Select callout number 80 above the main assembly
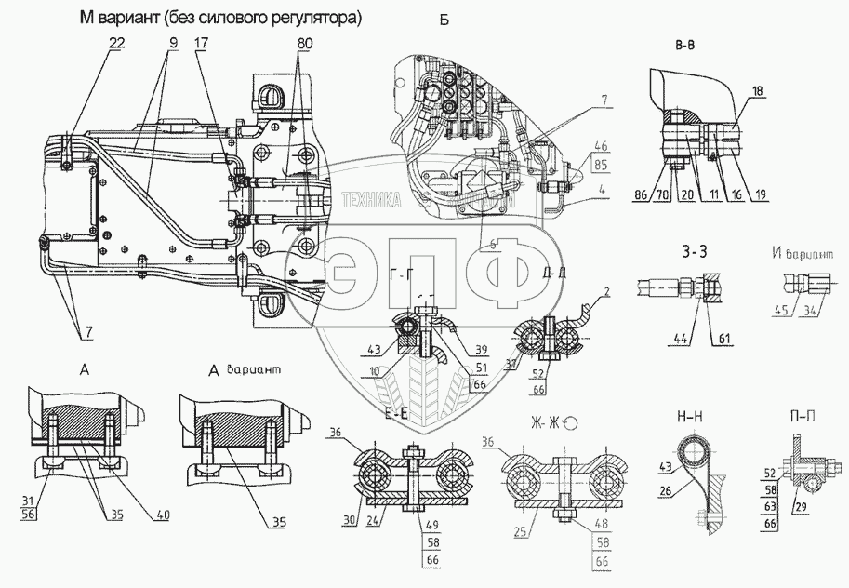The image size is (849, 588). click(304, 45)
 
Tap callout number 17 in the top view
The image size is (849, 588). click(202, 45)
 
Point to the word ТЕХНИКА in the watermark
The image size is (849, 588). click(372, 198)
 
